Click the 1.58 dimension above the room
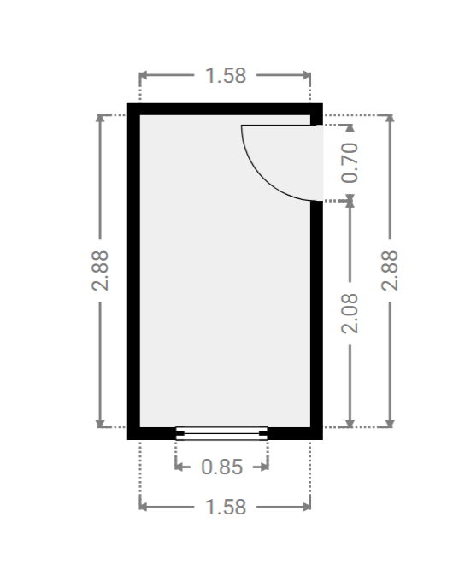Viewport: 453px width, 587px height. (226, 76)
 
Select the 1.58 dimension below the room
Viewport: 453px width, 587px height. (226, 508)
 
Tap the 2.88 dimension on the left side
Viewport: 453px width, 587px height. (100, 271)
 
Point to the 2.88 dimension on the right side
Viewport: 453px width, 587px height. (390, 271)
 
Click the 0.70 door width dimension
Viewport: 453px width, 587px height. (350, 162)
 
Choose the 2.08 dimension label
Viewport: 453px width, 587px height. (350, 314)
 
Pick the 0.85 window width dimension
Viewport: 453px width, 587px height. (222, 467)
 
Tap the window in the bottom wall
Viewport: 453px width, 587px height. (221, 433)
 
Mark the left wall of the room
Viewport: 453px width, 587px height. (133, 271)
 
